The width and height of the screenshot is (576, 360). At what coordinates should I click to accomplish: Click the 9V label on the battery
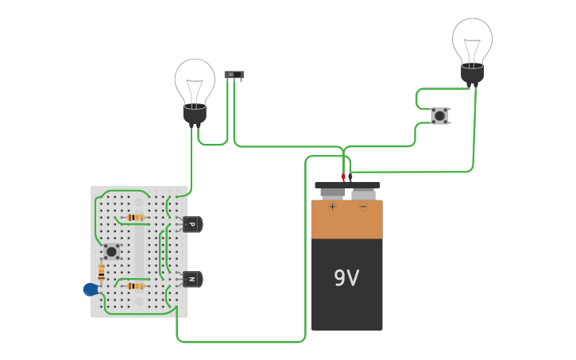pos(346,278)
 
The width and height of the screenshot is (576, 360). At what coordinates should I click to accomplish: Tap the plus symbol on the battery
pos(332,207)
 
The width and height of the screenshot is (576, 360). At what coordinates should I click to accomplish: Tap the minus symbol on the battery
pos(363,207)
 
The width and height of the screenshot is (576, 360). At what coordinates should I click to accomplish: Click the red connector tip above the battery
pos(343,177)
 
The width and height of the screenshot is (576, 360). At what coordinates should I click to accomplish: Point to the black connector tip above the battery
pos(350,177)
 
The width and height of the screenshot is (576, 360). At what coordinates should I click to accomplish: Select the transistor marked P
pos(192,224)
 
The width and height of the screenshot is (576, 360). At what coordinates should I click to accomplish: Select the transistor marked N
pos(192,279)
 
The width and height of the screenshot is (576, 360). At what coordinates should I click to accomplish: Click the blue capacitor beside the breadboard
pos(91,290)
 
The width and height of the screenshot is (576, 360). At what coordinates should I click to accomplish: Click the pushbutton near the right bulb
pos(439,116)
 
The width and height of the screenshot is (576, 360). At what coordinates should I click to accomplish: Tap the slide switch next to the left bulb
pos(234,75)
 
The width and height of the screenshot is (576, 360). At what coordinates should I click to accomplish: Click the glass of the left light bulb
pos(195,80)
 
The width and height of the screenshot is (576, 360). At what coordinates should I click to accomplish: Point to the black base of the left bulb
pos(195,116)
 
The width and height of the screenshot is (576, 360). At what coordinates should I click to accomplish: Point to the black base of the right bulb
pos(472,75)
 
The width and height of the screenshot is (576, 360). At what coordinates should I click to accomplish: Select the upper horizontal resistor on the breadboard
pos(136,217)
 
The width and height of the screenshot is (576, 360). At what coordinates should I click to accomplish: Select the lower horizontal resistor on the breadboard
pos(136,286)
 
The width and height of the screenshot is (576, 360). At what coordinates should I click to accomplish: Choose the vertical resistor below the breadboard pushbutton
pos(102,273)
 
